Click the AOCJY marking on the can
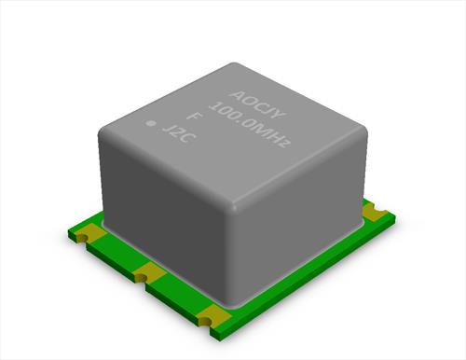[256, 104]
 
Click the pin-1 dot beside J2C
[152, 123]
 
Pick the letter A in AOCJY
[236, 94]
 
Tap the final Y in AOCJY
[278, 115]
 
